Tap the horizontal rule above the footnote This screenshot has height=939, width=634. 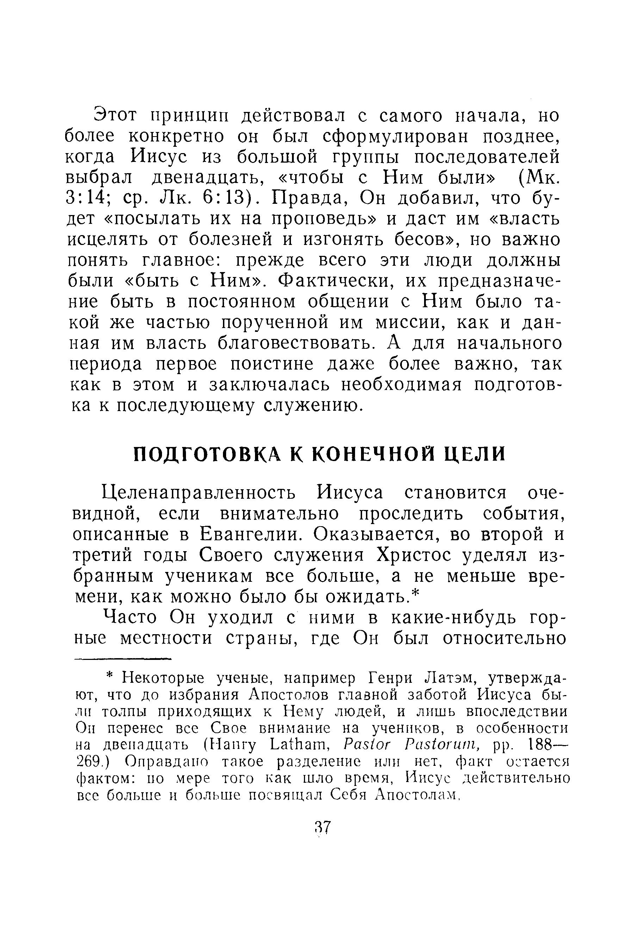pos(122,659)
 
